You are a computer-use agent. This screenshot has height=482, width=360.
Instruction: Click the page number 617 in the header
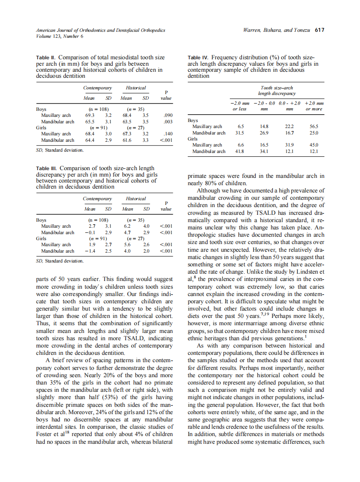[319, 31]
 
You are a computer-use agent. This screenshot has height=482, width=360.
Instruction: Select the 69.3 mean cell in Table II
[89, 116]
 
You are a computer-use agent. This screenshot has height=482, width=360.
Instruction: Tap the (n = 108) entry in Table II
[98, 110]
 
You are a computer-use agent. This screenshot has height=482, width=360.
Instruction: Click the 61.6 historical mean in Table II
[126, 140]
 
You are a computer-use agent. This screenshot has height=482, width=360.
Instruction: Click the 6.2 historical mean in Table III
[127, 226]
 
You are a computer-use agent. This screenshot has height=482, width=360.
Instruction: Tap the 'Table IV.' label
[199, 57]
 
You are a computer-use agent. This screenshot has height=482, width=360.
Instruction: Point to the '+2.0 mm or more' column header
[314, 106]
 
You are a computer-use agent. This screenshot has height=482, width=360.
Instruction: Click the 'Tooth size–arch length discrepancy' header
[277, 90]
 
